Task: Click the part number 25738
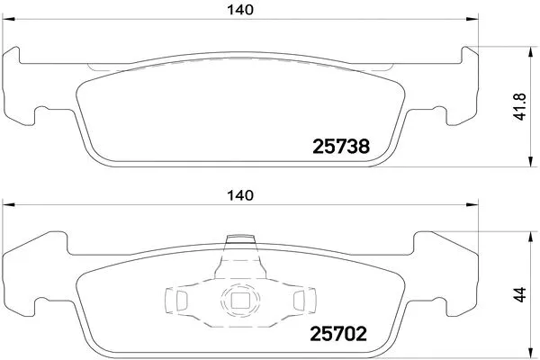[x=341, y=147]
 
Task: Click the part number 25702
[x=338, y=334]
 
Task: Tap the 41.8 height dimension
[x=520, y=107]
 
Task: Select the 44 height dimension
[x=520, y=294]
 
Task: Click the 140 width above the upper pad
[x=240, y=10]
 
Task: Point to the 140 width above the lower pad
[x=240, y=195]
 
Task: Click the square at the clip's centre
[x=238, y=300]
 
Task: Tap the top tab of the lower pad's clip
[x=240, y=238]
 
